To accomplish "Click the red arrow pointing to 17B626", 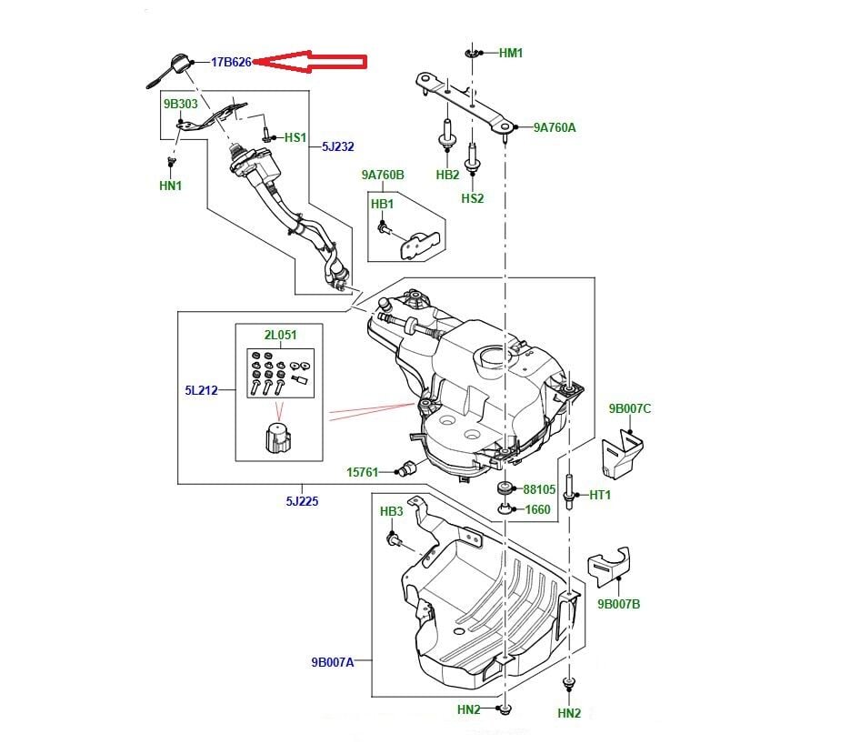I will coord(309,62).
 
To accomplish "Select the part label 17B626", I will coord(231,62).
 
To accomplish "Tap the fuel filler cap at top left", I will coord(173,65).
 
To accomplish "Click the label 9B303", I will coord(180,104).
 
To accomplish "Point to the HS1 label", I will coord(295,137).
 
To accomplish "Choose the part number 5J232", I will coord(338,146).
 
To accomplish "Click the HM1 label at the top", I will coord(511,54).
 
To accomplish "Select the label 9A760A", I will coord(555,127).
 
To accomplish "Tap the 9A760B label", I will coord(382,175).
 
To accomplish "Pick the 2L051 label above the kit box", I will coord(280,335).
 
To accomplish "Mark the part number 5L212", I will coord(202,391).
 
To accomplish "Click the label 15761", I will coord(363,472).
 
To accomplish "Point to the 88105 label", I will coord(538,489).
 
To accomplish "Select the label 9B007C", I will coord(630,408).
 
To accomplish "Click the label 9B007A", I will coord(331,662).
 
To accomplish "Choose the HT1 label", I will coord(600,495).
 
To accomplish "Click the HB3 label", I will coord(391,512).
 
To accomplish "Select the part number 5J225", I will coord(300,500).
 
